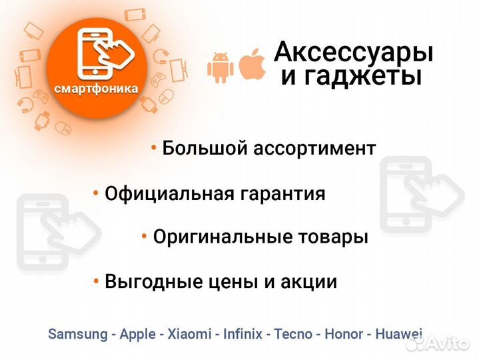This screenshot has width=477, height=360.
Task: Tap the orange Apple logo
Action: click(x=252, y=64)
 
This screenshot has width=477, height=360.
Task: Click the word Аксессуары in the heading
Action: click(x=354, y=51)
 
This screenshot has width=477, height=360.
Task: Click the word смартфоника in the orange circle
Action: click(x=97, y=88)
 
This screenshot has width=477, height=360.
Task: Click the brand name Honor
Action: click(x=344, y=334)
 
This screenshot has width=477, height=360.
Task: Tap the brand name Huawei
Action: click(x=399, y=334)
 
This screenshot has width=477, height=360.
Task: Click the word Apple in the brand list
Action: click(x=138, y=334)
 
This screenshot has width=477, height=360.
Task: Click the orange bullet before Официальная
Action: click(x=96, y=193)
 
